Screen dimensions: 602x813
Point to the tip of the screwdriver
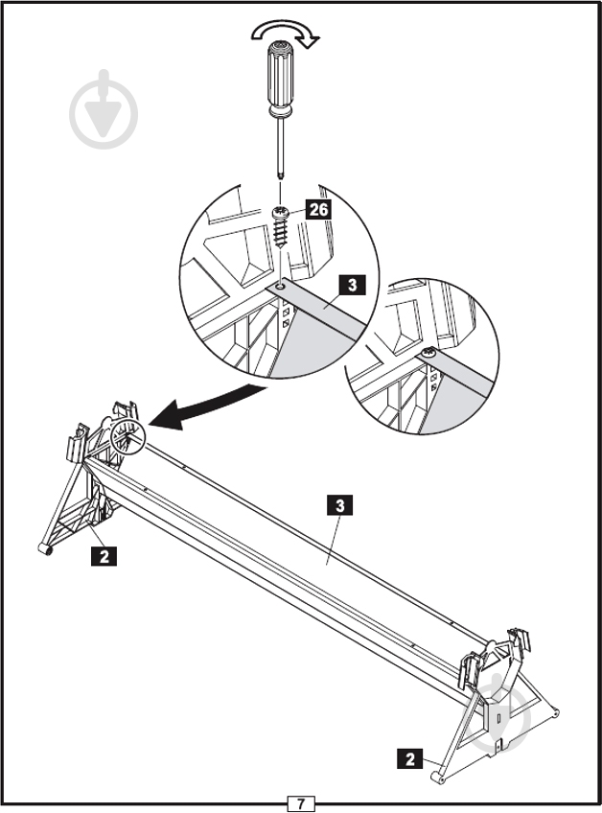coord(281,177)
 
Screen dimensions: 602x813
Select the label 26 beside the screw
coord(318,209)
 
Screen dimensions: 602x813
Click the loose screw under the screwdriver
coord(280,227)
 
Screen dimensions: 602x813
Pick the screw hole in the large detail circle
coord(281,286)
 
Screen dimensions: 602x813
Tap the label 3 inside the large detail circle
coord(353,285)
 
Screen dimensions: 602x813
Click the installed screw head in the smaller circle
coord(428,354)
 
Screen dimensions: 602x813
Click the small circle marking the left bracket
coord(127,436)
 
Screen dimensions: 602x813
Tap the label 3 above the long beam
coord(340,505)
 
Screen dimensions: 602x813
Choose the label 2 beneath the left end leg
coord(104,556)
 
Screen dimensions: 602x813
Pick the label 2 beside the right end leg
coord(410,759)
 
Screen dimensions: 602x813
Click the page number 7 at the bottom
coord(301,803)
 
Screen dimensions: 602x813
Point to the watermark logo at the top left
coord(104,109)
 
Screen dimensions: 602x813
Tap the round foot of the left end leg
coord(46,549)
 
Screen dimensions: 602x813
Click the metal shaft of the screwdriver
coord(281,147)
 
